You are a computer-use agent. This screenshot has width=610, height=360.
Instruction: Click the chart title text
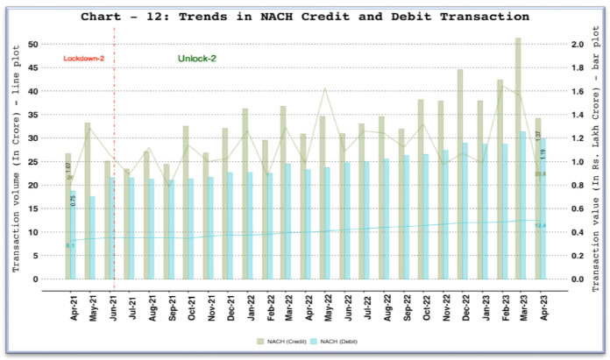click(305, 17)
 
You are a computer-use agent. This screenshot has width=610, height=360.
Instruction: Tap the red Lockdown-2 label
click(84, 59)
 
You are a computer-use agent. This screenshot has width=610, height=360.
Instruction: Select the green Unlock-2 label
click(197, 59)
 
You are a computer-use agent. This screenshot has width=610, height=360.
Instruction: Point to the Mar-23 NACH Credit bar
click(518, 158)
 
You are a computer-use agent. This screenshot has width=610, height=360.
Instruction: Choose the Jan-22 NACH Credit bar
click(245, 194)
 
